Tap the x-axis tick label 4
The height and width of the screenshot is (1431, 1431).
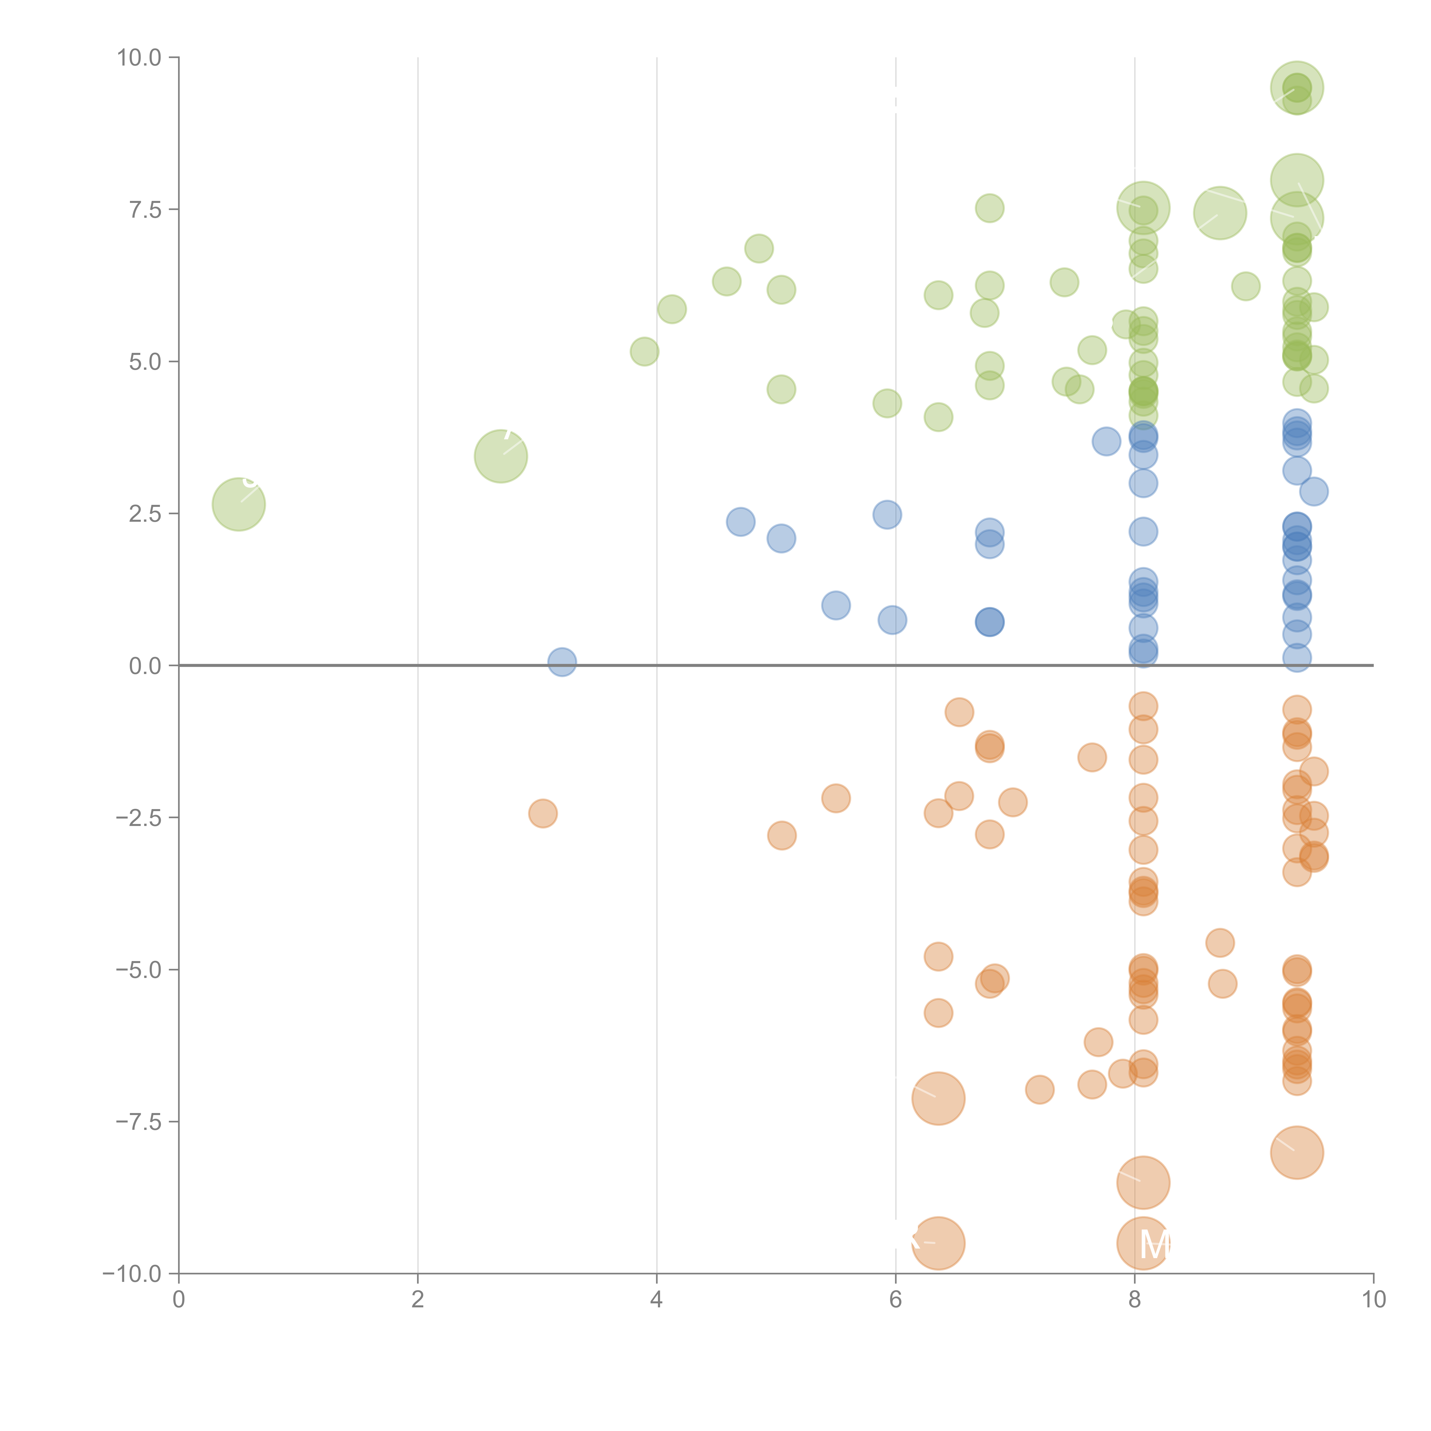[x=656, y=1299]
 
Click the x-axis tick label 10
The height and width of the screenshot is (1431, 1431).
[x=1373, y=1299]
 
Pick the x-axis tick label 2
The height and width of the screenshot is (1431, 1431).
[x=418, y=1299]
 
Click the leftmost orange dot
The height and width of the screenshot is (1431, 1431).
[x=543, y=813]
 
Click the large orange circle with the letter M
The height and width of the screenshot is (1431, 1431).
[x=1143, y=1243]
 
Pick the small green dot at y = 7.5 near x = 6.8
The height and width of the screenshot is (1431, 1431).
[x=990, y=208]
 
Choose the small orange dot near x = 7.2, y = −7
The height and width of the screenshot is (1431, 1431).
[x=1039, y=1090]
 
